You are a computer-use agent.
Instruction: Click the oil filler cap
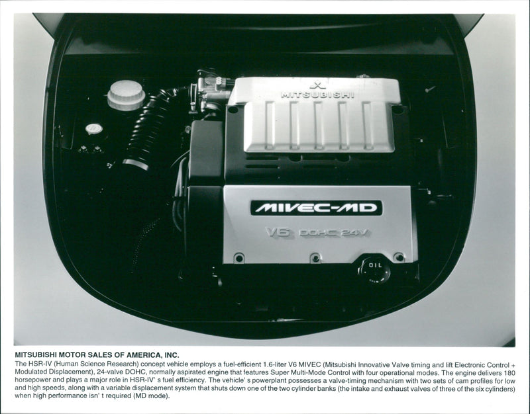375,268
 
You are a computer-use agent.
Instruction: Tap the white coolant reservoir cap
126,95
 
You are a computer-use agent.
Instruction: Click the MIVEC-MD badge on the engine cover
316,208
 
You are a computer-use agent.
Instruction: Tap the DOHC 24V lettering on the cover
335,233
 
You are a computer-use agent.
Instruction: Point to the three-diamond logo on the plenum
317,85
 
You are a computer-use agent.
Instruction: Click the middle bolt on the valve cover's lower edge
315,257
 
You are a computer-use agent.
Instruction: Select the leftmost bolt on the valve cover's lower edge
238,257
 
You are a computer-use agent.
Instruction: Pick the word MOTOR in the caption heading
72,355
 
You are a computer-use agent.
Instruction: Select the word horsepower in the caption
35,380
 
